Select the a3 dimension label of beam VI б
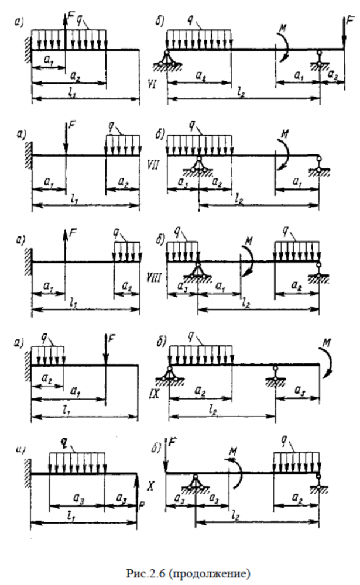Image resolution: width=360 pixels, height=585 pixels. click(334, 75)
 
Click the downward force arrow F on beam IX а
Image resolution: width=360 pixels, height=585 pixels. click(105, 353)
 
